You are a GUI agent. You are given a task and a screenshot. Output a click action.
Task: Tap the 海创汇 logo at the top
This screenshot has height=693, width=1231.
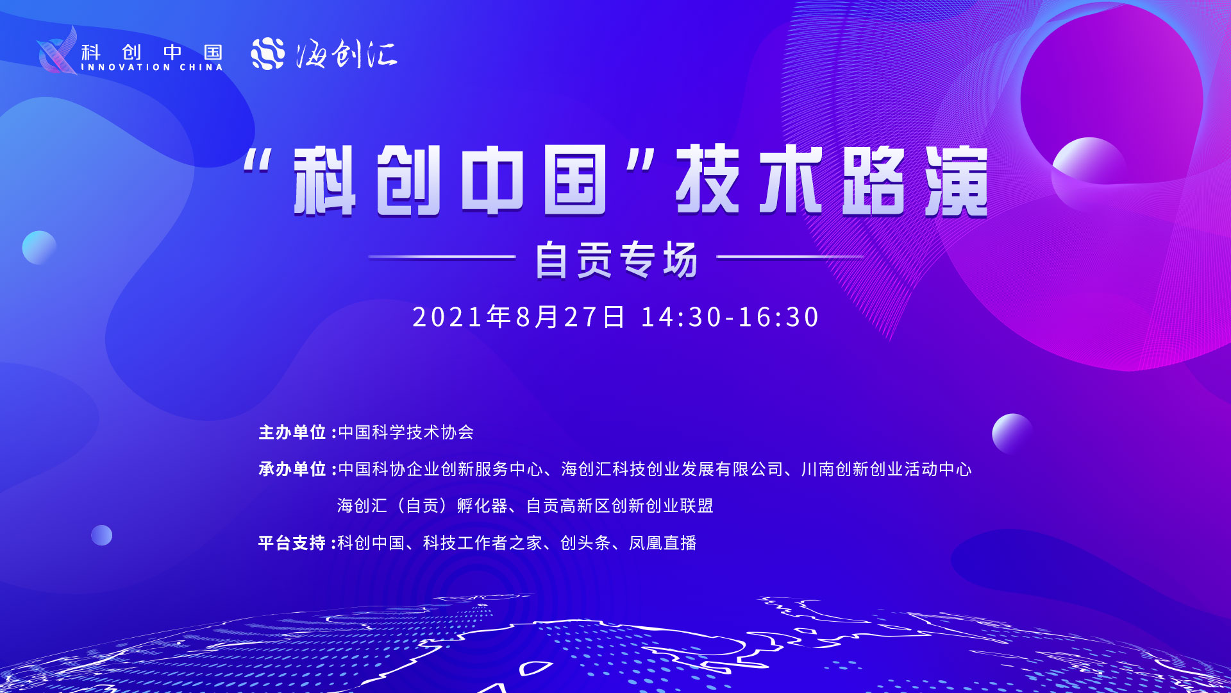tap(324, 53)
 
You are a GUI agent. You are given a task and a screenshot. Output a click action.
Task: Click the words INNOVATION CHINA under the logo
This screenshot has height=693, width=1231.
tap(152, 67)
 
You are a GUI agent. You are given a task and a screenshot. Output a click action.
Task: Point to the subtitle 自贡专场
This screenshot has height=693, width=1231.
tap(616, 260)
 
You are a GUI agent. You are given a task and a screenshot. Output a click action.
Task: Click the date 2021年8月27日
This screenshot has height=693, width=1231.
tap(518, 317)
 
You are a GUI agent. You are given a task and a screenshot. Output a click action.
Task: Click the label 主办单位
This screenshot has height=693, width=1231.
tap(292, 432)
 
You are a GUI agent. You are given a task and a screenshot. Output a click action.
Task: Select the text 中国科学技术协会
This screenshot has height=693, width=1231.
tap(406, 432)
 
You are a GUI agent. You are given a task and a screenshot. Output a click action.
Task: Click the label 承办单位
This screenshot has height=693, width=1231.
tap(292, 469)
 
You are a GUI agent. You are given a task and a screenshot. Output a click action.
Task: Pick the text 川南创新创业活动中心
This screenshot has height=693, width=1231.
tap(887, 470)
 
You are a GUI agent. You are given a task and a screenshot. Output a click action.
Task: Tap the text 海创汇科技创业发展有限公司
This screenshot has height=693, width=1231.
tap(673, 470)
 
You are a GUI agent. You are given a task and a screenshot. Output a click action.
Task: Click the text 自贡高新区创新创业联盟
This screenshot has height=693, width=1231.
tap(620, 506)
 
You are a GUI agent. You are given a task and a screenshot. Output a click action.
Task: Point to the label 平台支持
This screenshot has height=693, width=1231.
tap(292, 543)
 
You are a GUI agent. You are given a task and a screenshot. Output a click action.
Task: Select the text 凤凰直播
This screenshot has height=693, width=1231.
tap(663, 543)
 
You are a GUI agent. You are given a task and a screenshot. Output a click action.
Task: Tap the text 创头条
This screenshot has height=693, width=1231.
tap(585, 543)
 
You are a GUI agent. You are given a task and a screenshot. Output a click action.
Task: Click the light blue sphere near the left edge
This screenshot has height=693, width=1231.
tap(39, 248)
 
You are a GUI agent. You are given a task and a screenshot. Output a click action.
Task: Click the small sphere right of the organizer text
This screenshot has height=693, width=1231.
tap(1012, 434)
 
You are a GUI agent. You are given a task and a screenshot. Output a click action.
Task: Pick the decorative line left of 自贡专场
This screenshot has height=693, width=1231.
tap(442, 257)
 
